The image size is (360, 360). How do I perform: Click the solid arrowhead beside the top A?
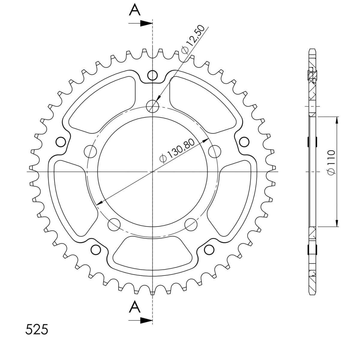coord(146,23)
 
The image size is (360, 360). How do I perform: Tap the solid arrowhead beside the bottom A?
coord(146,321)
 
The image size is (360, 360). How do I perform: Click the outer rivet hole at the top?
coord(152,75)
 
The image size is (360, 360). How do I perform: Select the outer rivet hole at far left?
coord(61,142)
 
